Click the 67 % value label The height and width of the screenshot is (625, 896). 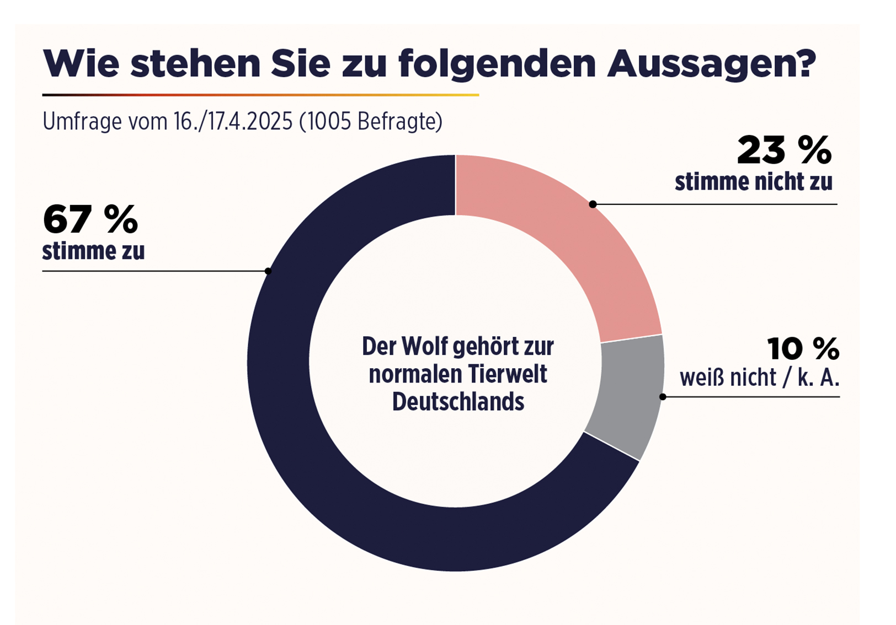[x=90, y=219]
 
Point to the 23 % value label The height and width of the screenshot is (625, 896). [x=784, y=150]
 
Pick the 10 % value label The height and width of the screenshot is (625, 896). [x=803, y=349]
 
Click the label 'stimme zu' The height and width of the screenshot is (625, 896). [x=93, y=251]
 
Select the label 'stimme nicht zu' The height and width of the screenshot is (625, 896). [x=753, y=182]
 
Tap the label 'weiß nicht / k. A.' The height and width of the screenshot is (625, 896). [x=759, y=378]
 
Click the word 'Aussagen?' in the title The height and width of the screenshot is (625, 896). [x=711, y=64]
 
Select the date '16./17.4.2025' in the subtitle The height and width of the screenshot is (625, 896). [x=233, y=122]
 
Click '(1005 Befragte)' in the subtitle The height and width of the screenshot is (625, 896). [x=371, y=122]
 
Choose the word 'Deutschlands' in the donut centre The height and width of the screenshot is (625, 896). [x=458, y=402]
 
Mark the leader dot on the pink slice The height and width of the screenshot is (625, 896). [x=593, y=204]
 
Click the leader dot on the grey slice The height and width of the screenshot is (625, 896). [x=663, y=397]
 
